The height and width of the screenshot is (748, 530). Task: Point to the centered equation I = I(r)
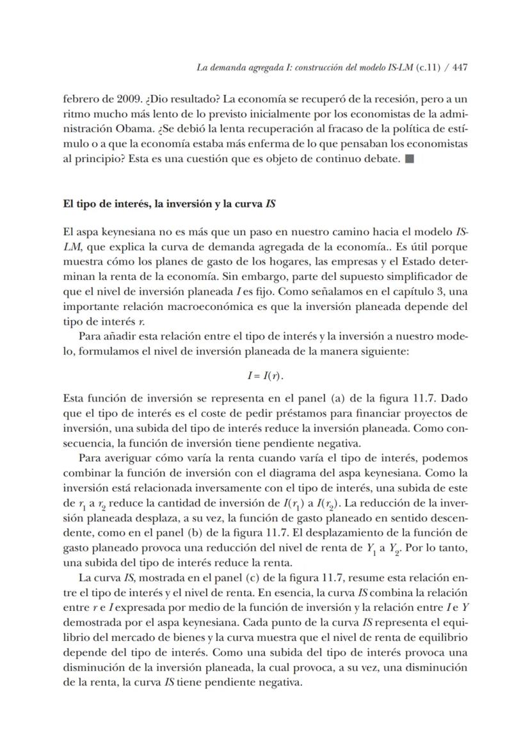tap(265, 375)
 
